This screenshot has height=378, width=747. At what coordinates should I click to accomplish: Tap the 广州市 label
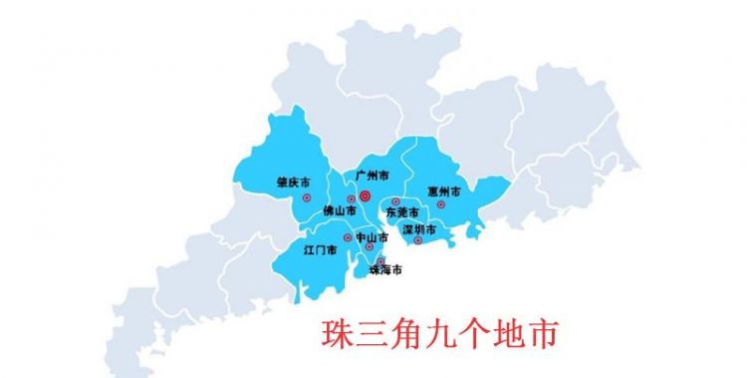(x=372, y=175)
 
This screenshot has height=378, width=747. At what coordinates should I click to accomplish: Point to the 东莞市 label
(x=403, y=212)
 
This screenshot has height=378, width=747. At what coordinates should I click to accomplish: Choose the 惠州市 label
(x=443, y=190)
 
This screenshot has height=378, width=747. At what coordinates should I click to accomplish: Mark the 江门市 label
(x=320, y=249)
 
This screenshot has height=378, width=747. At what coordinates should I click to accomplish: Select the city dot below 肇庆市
(x=306, y=197)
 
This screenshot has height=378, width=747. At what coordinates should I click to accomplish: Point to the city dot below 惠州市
(x=441, y=204)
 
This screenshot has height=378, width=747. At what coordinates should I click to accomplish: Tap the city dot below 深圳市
(x=418, y=240)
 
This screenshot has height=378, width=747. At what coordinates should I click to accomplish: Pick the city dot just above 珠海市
(x=379, y=260)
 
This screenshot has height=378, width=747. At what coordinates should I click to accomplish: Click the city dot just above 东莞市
(x=395, y=202)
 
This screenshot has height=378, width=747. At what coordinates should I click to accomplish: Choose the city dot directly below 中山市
(x=369, y=246)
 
